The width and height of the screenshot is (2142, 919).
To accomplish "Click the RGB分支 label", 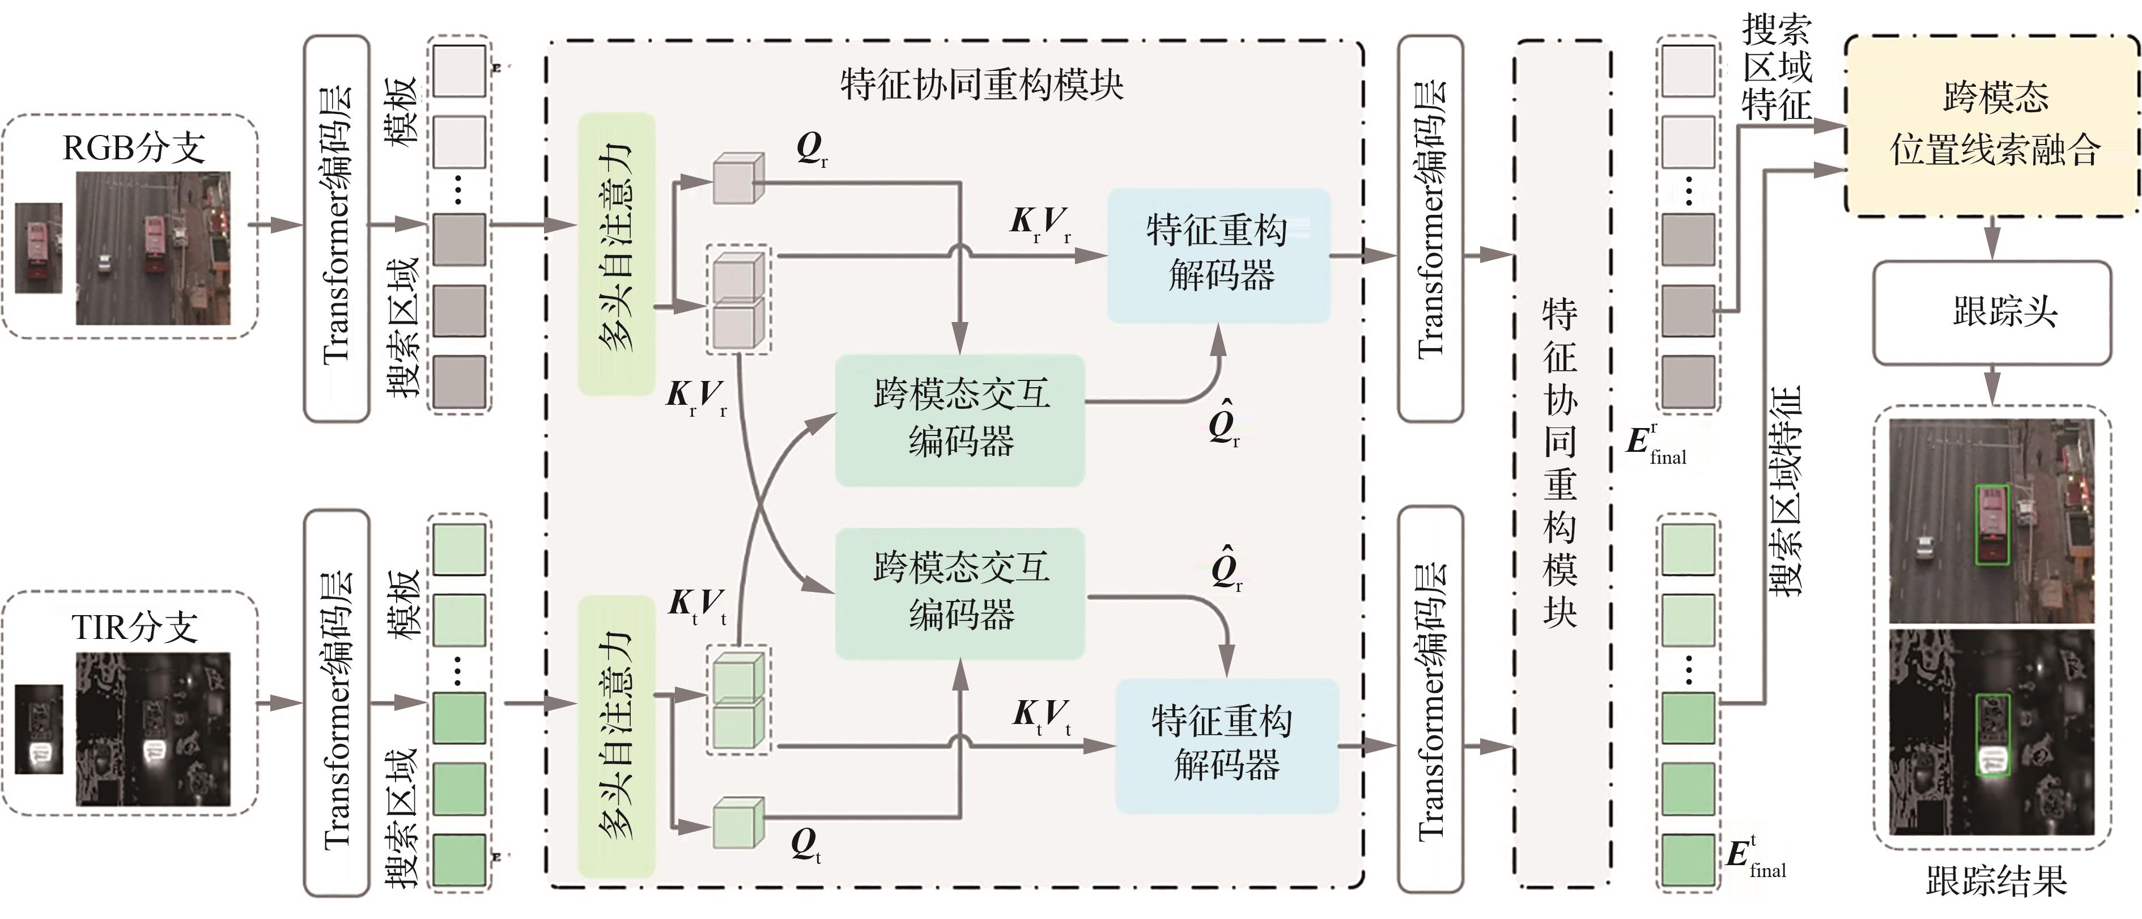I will [x=134, y=147].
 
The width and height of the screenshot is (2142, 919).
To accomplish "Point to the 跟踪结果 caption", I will [x=1996, y=882].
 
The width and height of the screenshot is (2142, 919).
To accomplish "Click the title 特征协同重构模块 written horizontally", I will [x=981, y=85].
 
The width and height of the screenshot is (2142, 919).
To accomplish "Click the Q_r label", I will [x=811, y=150].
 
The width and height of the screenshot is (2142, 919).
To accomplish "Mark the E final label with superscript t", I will [x=1754, y=857].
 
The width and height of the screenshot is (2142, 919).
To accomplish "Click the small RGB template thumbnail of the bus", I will [x=39, y=248].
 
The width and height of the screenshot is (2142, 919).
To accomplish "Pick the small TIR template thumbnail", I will [x=39, y=730].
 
